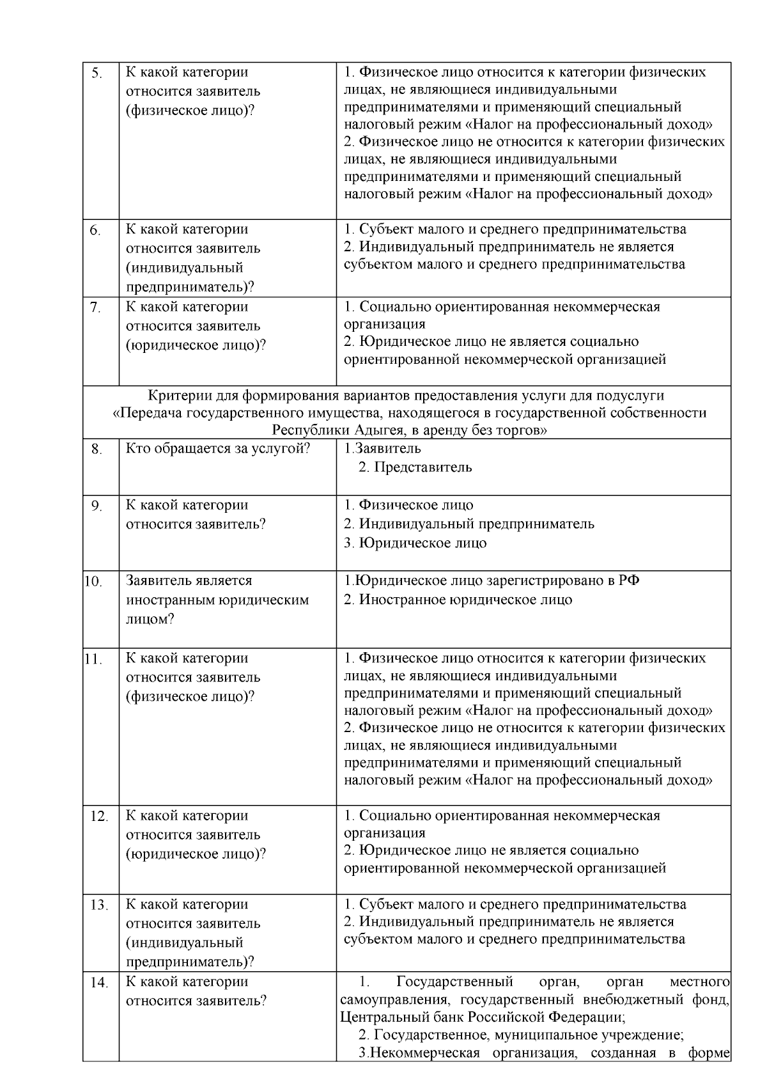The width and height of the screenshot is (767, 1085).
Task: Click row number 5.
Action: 97,74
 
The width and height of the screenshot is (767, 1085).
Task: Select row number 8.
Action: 97,450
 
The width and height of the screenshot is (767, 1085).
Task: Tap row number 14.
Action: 98,983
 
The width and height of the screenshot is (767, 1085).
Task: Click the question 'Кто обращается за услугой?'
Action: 218,449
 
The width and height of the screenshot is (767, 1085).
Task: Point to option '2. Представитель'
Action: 415,467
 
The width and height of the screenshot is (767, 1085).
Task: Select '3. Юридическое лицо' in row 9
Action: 415,543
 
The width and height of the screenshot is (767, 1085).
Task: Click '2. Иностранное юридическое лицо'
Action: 458,600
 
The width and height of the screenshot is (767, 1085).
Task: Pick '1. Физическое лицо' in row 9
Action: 408,505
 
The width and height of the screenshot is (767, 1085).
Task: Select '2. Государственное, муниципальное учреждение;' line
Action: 521,1034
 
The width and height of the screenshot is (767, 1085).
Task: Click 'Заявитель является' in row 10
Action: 189,581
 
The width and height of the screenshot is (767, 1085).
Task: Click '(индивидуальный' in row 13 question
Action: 185,942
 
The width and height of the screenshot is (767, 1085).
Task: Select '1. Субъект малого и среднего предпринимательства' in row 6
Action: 515,230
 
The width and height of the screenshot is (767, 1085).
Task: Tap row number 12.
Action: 98,817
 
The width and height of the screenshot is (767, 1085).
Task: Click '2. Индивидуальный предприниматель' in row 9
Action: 469,524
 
